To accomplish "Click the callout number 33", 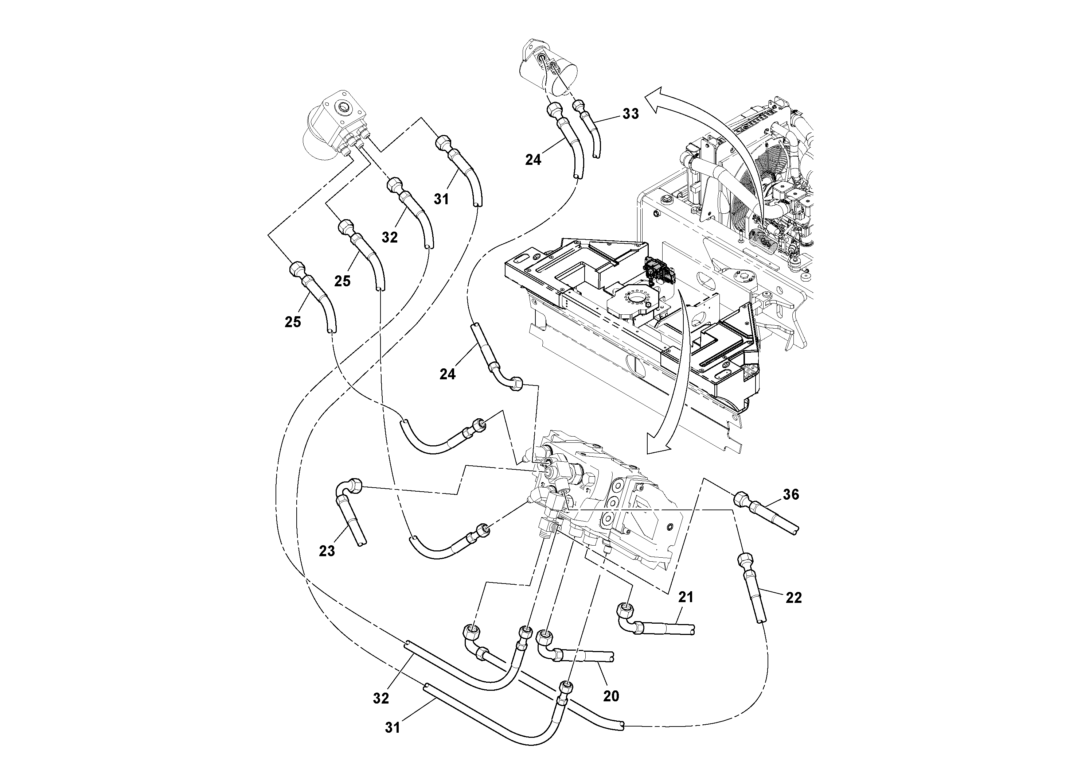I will click(631, 114).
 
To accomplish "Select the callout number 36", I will click(791, 495).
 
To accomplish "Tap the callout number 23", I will click(327, 551).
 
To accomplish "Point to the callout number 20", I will click(611, 696).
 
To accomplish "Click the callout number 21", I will click(686, 597).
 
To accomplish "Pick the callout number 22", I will click(793, 598).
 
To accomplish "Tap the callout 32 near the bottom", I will click(381, 698).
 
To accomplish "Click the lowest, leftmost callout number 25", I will click(293, 322).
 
